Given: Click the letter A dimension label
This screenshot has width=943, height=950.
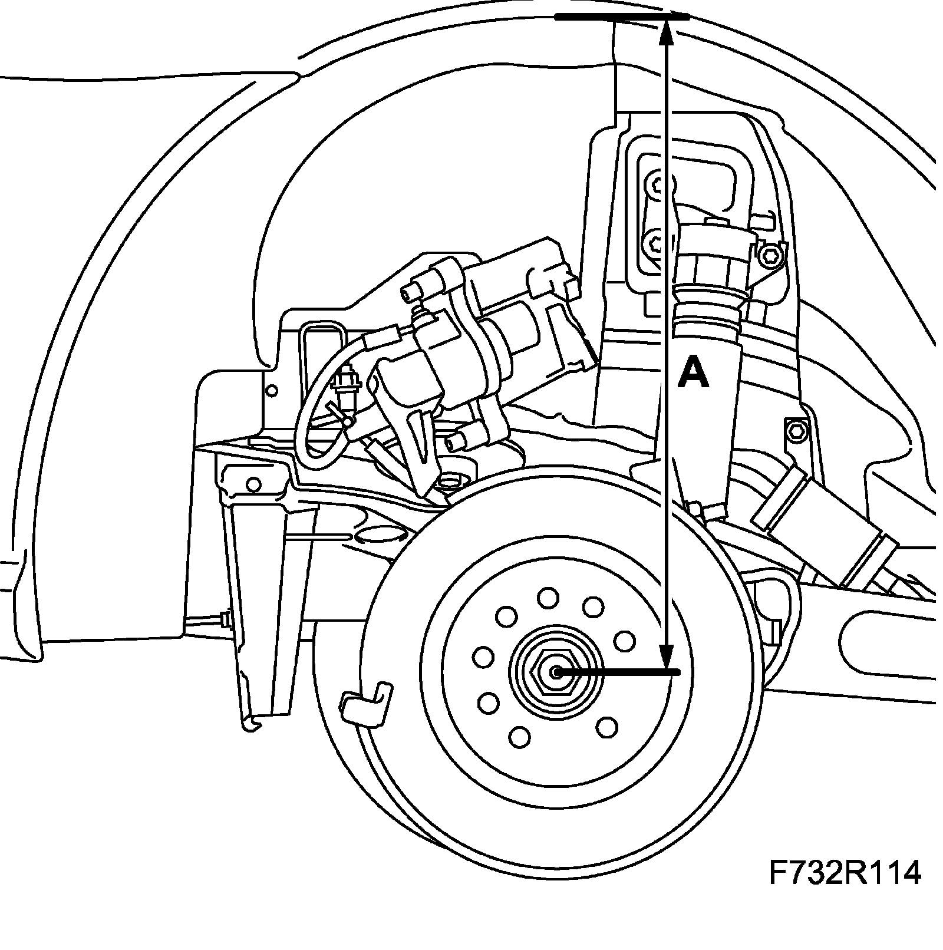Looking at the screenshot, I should pyautogui.click(x=693, y=375).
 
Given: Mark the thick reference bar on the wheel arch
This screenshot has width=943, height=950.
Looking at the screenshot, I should pyautogui.click(x=621, y=18).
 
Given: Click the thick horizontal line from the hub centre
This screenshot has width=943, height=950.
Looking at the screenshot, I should pyautogui.click(x=619, y=672).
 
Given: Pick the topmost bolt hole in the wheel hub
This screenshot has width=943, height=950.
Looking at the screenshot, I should pyautogui.click(x=548, y=597).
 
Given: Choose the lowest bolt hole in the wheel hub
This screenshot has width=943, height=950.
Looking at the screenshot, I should pyautogui.click(x=520, y=736).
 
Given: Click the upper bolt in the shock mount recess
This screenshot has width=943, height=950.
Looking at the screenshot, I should pyautogui.click(x=657, y=186).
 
